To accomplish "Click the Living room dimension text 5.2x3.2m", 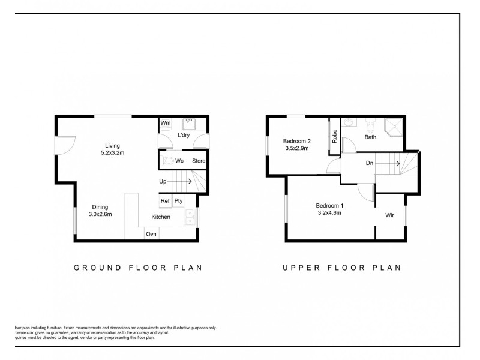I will pyautogui.click(x=113, y=153).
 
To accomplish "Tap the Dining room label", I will pyautogui.click(x=100, y=207).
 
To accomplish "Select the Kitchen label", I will pyautogui.click(x=161, y=217).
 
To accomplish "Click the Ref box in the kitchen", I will pyautogui.click(x=164, y=202).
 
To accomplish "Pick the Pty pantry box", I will pyautogui.click(x=178, y=202).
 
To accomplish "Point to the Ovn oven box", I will pyautogui.click(x=152, y=234).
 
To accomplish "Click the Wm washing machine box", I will pyautogui.click(x=166, y=123).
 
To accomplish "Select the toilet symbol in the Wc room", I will pyautogui.click(x=170, y=161).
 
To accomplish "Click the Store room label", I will pyautogui.click(x=199, y=161).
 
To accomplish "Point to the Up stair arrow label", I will pyautogui.click(x=163, y=181).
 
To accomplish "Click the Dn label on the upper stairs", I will pyautogui.click(x=370, y=163).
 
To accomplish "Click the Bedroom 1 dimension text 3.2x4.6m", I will pyautogui.click(x=329, y=212).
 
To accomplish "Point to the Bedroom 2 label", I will pyautogui.click(x=296, y=142).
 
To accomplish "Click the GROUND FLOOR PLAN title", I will pyautogui.click(x=137, y=268).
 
